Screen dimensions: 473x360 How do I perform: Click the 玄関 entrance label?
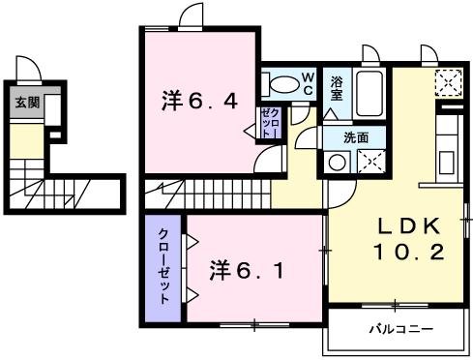(x=27, y=103)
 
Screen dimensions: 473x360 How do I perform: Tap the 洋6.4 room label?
(x=199, y=101)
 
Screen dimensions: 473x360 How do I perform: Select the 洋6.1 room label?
(x=247, y=270)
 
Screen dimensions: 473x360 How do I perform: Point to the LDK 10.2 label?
(x=409, y=239)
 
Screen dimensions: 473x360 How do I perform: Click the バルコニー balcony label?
(x=400, y=329)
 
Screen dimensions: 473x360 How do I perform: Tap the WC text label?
(x=309, y=83)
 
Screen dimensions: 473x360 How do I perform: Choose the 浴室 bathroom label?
(x=337, y=88)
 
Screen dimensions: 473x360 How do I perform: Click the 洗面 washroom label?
(x=356, y=137)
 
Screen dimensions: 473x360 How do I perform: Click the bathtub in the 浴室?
(x=370, y=94)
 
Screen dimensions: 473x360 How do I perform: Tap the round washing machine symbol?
(x=337, y=163)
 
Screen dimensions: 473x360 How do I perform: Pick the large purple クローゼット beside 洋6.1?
(x=163, y=268)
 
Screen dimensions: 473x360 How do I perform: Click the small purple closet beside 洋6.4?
(x=269, y=123)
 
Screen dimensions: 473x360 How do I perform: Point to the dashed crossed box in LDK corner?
(x=449, y=83)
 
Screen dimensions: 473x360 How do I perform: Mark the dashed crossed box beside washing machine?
(x=371, y=162)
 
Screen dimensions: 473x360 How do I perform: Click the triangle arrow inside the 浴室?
(x=330, y=114)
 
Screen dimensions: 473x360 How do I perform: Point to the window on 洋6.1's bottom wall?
(x=254, y=325)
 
